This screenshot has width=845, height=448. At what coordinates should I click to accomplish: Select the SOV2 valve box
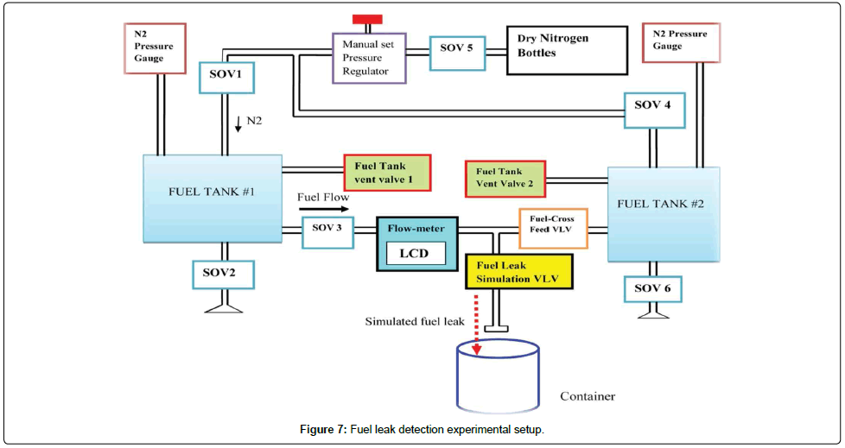(x=224, y=274)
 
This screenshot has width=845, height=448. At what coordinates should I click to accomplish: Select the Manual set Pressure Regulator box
(x=369, y=58)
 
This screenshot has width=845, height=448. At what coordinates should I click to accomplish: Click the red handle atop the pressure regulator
(x=368, y=20)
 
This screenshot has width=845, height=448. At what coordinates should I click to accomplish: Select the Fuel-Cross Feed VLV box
(x=553, y=228)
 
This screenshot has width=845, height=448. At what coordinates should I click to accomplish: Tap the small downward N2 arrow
(x=238, y=126)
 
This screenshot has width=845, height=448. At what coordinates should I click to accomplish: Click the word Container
(x=588, y=396)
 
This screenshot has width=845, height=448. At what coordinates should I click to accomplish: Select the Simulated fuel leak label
(x=414, y=320)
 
